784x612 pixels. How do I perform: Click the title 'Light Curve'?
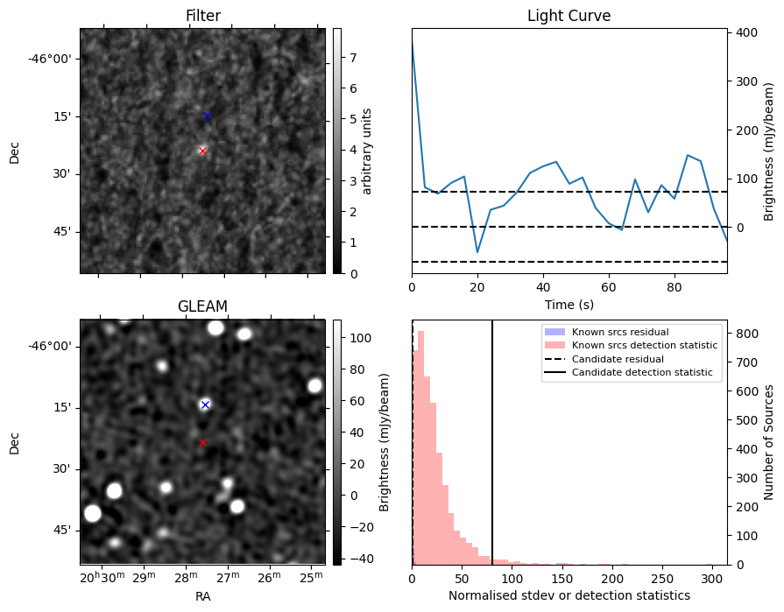569,16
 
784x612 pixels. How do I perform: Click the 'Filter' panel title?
202,16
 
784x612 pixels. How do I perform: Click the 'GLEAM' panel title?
202,306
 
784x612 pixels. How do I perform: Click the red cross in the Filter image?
202,151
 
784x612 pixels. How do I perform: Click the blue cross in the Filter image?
207,116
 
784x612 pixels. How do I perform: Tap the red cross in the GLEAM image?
202,442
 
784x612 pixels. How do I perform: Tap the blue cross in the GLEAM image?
205,404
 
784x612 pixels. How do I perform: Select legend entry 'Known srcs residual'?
619,332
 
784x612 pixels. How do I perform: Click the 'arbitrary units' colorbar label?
368,151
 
